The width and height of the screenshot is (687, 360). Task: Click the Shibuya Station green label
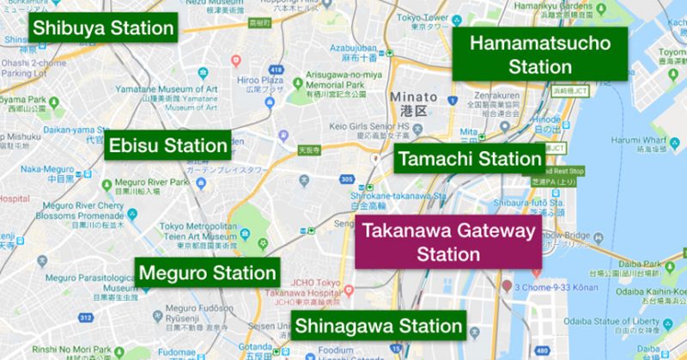coord(102,28)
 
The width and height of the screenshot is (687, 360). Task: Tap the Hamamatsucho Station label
coord(540,55)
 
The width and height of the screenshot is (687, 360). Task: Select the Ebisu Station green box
coord(168,146)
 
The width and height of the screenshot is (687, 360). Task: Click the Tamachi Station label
coord(469,159)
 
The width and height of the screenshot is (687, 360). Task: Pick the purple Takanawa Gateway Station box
coord(447,241)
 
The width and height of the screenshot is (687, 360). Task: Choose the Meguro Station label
coord(207,274)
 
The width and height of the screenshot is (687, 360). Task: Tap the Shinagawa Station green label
coord(378,326)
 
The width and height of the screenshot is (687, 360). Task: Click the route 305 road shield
coord(346,179)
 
